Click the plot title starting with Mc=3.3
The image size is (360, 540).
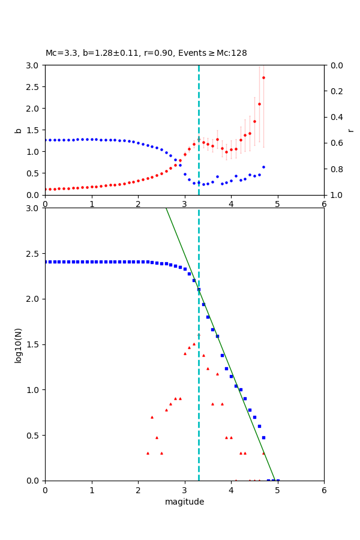pyautogui.click(x=146, y=53)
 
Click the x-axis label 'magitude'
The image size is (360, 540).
pyautogui.click(x=184, y=502)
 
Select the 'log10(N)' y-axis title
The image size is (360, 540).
pyautogui.click(x=18, y=344)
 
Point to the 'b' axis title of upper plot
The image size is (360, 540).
pyautogui.click(x=18, y=130)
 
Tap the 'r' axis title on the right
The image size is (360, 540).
pyautogui.click(x=350, y=130)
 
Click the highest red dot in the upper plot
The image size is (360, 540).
pyautogui.click(x=263, y=77)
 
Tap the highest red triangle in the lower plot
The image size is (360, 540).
pyautogui.click(x=194, y=344)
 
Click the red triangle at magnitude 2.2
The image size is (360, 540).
pyautogui.click(x=148, y=453)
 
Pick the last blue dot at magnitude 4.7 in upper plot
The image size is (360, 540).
pyautogui.click(x=263, y=167)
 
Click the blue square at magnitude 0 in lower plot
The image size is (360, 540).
pyautogui.click(x=46, y=262)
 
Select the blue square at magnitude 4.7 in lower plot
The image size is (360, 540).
pyautogui.click(x=263, y=437)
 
